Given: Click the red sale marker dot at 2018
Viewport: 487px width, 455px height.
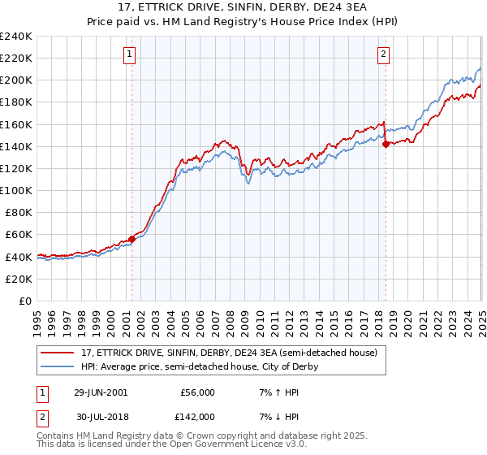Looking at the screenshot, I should click(386, 144).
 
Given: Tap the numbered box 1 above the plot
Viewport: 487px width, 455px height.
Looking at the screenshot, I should click(131, 55).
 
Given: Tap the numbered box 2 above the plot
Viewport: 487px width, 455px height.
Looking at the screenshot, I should click(383, 55).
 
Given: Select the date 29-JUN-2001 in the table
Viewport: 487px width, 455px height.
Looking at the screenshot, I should click(101, 392).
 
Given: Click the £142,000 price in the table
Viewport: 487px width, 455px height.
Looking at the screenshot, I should click(197, 416).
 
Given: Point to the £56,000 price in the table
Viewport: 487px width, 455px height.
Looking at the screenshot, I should click(197, 392).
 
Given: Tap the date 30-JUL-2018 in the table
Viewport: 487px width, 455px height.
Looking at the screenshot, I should click(101, 416).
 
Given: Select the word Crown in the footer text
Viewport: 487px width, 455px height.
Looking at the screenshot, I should click(213, 436).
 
